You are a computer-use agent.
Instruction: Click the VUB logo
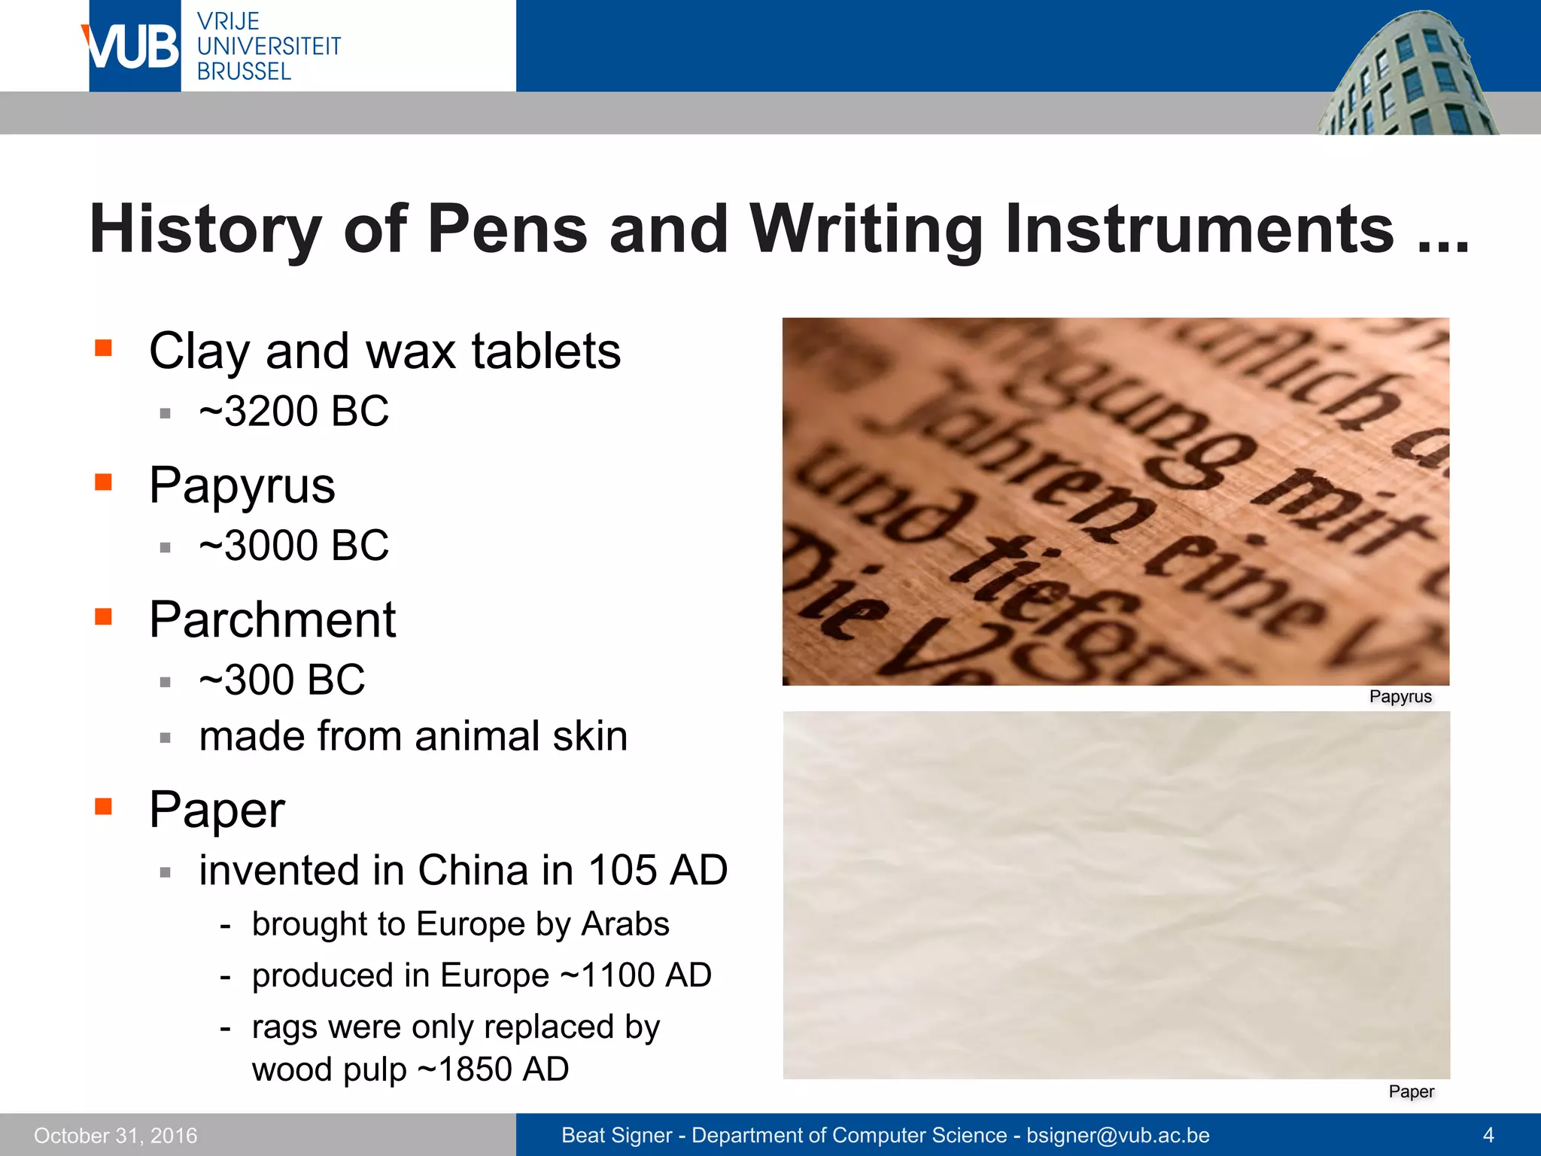click(x=134, y=47)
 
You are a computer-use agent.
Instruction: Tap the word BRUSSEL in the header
click(x=244, y=71)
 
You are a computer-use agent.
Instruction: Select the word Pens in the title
click(x=507, y=229)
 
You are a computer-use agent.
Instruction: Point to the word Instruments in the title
click(x=1199, y=229)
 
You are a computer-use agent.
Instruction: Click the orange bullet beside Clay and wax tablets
click(x=103, y=348)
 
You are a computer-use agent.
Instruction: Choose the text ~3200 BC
click(x=293, y=411)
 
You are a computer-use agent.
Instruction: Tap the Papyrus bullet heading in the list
click(x=242, y=485)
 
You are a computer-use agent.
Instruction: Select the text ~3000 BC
click(x=293, y=545)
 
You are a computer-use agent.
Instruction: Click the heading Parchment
click(x=272, y=619)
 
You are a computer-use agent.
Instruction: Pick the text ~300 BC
click(x=281, y=680)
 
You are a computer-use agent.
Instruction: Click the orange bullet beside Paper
click(x=103, y=807)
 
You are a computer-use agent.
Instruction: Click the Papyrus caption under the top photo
click(x=1400, y=697)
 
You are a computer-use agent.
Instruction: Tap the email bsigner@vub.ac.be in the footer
click(x=1118, y=1135)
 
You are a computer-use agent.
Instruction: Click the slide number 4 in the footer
click(x=1488, y=1135)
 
